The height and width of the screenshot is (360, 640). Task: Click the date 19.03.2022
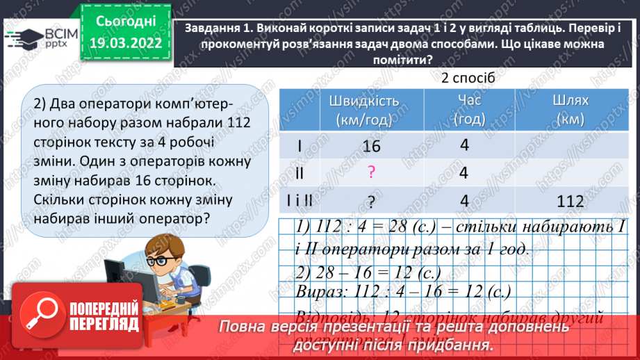[126, 43]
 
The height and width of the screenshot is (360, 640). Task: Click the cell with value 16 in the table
[372, 147]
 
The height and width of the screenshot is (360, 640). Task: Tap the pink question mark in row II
[372, 173]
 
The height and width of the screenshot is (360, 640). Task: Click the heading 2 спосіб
[468, 78]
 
